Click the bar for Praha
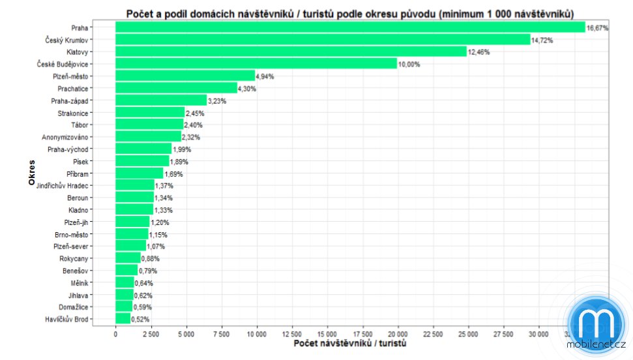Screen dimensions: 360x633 pyautogui.click(x=350, y=27)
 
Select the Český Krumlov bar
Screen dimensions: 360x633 pyautogui.click(x=323, y=39)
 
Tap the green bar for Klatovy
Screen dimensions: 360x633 pyautogui.click(x=291, y=52)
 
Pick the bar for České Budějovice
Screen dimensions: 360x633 pyautogui.click(x=256, y=64)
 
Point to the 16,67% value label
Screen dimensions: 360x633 pyautogui.click(x=597, y=28)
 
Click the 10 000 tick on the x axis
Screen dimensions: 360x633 pyautogui.click(x=257, y=335)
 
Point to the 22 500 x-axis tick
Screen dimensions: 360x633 pyautogui.click(x=434, y=335)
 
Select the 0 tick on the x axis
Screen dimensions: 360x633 pyautogui.click(x=115, y=335)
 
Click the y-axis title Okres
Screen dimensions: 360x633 pyautogui.click(x=32, y=173)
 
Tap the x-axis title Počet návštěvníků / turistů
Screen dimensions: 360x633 pyautogui.click(x=350, y=344)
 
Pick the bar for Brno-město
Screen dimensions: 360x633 pyautogui.click(x=132, y=234)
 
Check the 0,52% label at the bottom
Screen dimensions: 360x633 pyautogui.click(x=140, y=320)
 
